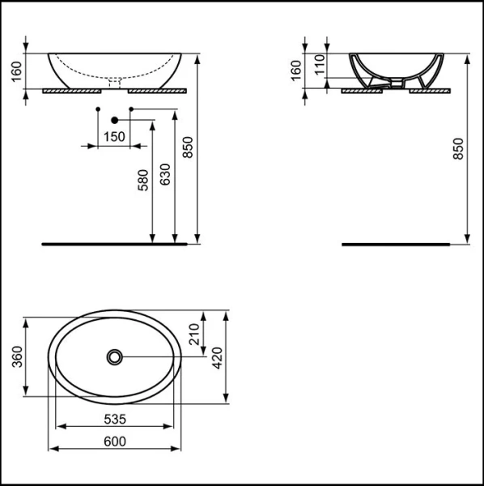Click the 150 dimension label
pos(115,136)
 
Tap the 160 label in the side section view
pos(295,70)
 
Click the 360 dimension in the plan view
pos(18,356)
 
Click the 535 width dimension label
pos(114,420)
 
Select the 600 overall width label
pos(114,441)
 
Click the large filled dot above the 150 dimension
pos(115,121)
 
